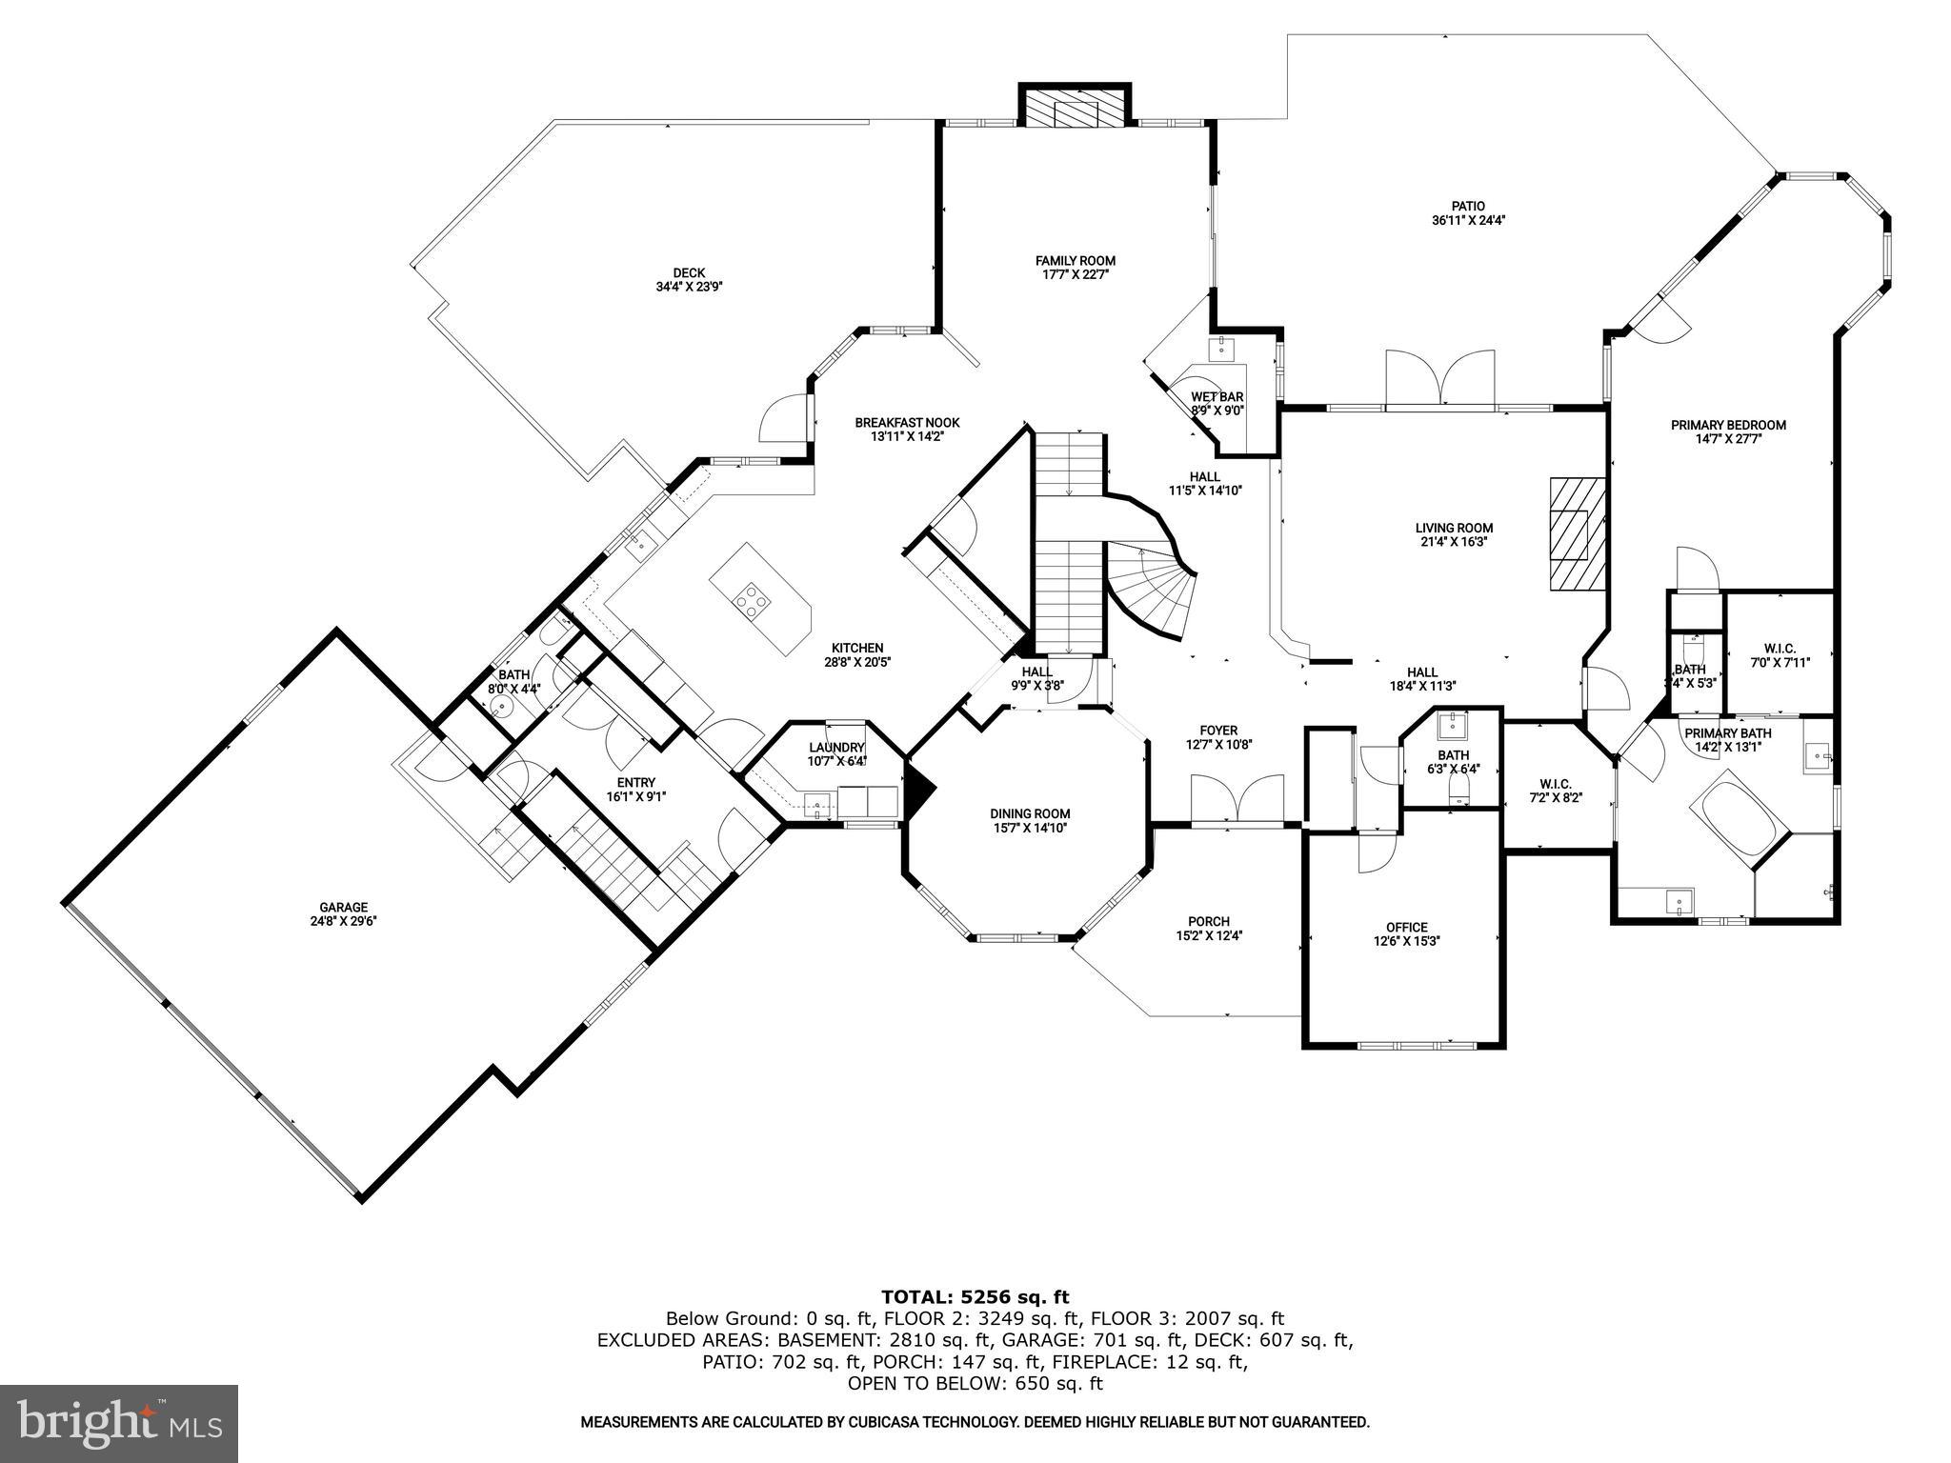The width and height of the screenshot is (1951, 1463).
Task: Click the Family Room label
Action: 1075,260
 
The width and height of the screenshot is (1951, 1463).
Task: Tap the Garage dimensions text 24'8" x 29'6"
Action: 343,921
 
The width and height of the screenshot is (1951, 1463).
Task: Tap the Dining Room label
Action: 1030,813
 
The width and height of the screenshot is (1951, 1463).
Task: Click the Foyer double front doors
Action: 1237,798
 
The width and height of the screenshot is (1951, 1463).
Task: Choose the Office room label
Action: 1406,927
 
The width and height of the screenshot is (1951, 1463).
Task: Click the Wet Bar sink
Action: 1220,349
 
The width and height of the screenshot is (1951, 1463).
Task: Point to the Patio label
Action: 1468,206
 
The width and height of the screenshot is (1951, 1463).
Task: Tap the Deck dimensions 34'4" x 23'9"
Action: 689,286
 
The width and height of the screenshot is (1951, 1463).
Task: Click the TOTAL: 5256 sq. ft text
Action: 975,1296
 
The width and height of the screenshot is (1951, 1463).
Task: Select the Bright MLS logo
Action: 119,1423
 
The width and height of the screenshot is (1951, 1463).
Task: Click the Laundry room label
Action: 836,748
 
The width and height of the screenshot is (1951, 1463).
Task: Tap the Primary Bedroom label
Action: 1728,425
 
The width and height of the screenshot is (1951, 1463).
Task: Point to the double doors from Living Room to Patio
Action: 1440,379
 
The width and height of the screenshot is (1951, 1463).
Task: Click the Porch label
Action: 1208,921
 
